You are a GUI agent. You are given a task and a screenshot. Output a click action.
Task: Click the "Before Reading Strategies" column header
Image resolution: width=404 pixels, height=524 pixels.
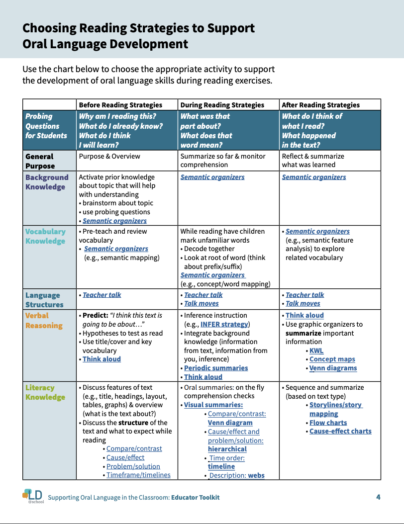pyautogui.click(x=120, y=105)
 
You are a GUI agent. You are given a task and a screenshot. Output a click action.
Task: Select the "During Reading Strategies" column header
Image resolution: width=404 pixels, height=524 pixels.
pyautogui.click(x=222, y=105)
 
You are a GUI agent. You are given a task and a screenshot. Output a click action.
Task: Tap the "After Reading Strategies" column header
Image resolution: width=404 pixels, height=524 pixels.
pyautogui.click(x=320, y=105)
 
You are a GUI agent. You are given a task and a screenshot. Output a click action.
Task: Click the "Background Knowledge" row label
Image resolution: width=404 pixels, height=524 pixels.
pyautogui.click(x=47, y=182)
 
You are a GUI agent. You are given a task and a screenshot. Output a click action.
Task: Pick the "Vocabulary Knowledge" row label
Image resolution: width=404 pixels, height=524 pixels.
pyautogui.click(x=45, y=236)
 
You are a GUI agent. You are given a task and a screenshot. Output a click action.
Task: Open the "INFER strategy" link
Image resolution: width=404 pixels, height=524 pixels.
pyautogui.click(x=224, y=324)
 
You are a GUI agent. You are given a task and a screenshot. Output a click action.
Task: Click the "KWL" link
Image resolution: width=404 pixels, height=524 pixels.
pyautogui.click(x=316, y=350)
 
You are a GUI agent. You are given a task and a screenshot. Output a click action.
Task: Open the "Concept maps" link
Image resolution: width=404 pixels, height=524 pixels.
pyautogui.click(x=332, y=359)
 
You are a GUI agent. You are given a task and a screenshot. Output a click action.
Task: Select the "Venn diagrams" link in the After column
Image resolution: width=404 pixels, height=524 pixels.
pyautogui.click(x=333, y=368)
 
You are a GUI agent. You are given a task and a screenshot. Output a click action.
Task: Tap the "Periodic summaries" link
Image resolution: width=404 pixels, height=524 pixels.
pyautogui.click(x=216, y=368)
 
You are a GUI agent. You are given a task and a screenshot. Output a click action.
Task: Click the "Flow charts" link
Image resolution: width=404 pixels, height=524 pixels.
pyautogui.click(x=328, y=423)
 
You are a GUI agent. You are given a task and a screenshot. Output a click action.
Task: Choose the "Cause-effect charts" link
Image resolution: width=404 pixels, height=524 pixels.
pyautogui.click(x=340, y=431)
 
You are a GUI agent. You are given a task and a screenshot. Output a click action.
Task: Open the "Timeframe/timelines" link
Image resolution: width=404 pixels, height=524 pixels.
pyautogui.click(x=138, y=475)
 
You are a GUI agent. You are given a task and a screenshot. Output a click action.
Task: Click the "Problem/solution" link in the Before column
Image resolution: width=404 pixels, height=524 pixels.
pyautogui.click(x=133, y=466)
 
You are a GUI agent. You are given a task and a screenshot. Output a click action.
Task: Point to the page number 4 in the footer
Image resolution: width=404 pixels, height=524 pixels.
pyautogui.click(x=378, y=497)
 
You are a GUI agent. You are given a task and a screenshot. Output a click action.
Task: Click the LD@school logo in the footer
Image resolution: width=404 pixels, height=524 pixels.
pyautogui.click(x=33, y=496)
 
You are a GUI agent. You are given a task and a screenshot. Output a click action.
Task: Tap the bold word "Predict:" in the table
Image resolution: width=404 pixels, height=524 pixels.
pyautogui.click(x=95, y=315)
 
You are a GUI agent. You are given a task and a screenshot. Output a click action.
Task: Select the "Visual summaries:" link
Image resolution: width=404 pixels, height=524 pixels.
pyautogui.click(x=213, y=405)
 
